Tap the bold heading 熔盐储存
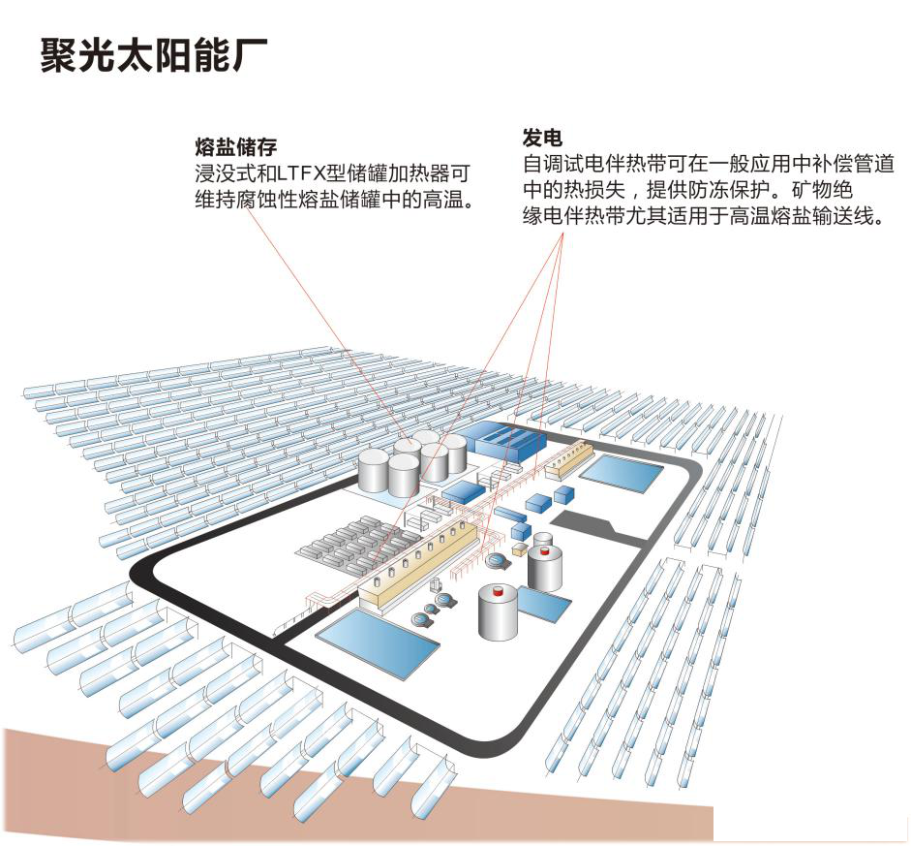[236, 147]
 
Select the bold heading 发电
[542, 137]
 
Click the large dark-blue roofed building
[502, 442]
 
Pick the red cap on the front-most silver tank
[499, 589]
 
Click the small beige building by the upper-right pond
[568, 459]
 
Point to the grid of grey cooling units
[354, 542]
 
